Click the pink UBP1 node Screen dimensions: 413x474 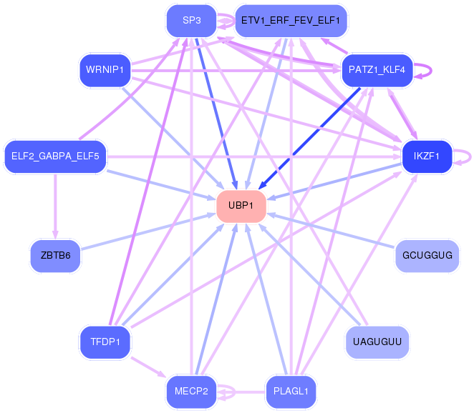[241, 206]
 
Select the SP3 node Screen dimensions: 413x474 [191, 20]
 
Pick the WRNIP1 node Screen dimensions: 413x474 [105, 70]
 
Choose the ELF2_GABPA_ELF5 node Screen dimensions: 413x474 [55, 156]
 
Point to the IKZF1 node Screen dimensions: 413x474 [427, 156]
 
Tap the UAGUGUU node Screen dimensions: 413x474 [377, 342]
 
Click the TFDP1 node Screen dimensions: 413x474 [105, 342]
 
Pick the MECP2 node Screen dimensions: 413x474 [191, 391]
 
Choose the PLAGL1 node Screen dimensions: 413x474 [291, 391]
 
